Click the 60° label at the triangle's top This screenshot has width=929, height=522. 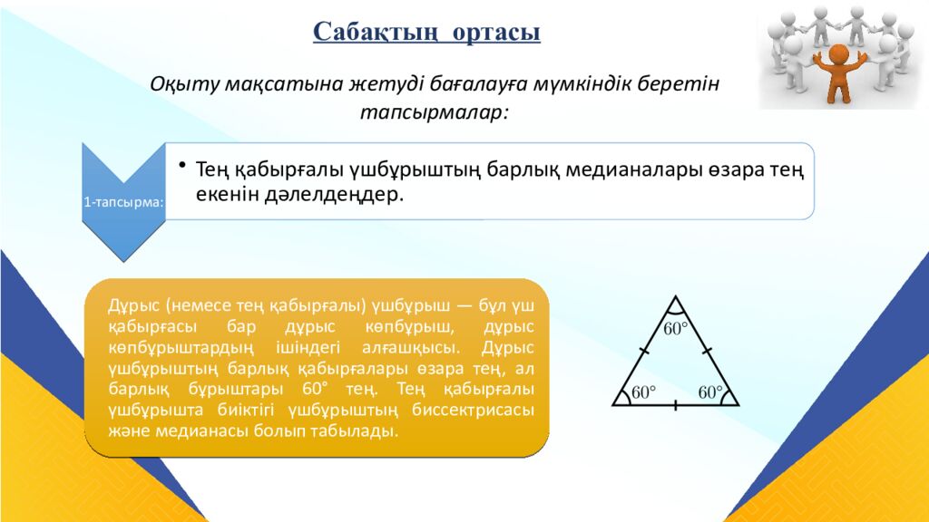tap(676, 329)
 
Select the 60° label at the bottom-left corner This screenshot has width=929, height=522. tap(643, 392)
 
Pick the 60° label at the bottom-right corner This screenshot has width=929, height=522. tap(711, 392)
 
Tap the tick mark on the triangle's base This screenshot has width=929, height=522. tap(676, 405)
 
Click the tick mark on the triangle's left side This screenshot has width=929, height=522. tap(644, 350)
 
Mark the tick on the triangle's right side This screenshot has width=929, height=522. tap(708, 350)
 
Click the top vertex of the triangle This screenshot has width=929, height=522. tap(676, 296)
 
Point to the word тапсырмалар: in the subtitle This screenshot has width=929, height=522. tap(435, 113)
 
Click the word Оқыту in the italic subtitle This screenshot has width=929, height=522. tap(184, 84)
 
